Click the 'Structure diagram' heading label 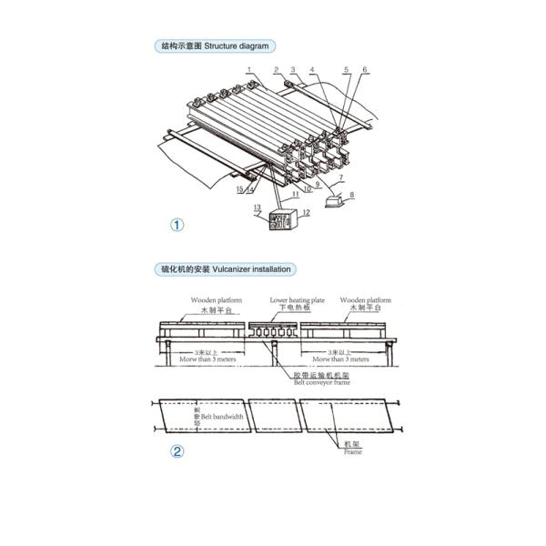point(216,45)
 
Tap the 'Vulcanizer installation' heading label point(225,269)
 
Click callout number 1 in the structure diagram point(247,69)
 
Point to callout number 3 point(293,69)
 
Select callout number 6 point(364,69)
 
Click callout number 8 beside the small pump point(353,194)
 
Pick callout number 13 point(258,208)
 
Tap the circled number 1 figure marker point(177,225)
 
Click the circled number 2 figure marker point(177,452)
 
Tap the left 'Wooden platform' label point(214,300)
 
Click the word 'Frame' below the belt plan point(352,450)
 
